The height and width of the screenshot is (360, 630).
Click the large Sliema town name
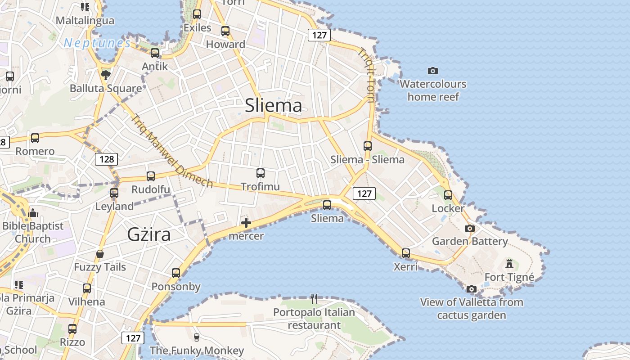[273, 106]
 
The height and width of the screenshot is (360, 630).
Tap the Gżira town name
[149, 235]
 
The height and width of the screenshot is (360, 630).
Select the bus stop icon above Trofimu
[260, 173]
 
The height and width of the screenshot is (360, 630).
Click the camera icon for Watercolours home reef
[433, 71]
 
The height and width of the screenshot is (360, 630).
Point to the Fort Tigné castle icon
[509, 263]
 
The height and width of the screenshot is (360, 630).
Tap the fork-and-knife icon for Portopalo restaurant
[314, 298]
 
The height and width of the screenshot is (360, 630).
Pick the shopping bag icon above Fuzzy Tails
[100, 254]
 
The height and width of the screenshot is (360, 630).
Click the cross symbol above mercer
[246, 223]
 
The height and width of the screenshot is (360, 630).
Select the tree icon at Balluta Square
[106, 75]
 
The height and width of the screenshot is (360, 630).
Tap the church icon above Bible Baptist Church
[33, 213]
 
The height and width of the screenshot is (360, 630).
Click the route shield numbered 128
[107, 159]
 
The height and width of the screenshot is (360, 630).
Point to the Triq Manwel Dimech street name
[171, 151]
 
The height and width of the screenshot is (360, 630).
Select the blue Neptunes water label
[97, 43]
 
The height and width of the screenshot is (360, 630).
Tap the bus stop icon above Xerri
[406, 253]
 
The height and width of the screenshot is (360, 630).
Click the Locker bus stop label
[448, 208]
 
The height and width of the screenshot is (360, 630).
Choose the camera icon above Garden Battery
[470, 228]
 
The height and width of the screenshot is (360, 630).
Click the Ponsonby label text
[176, 287]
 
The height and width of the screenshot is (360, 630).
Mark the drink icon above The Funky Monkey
[196, 337]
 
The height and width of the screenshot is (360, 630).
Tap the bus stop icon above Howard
[225, 31]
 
